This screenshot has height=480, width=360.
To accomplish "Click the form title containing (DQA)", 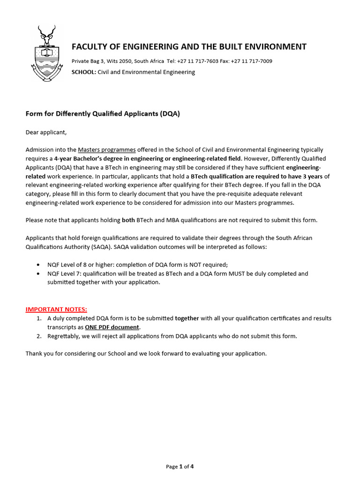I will (103, 114).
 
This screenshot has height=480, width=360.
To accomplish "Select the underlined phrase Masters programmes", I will (107, 150).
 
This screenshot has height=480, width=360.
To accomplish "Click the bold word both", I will (128, 220).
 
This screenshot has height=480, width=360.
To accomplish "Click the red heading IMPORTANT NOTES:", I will (56, 309).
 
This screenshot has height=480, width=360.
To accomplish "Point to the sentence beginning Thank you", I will (146, 353).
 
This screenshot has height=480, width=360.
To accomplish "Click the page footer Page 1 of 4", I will (180, 466).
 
